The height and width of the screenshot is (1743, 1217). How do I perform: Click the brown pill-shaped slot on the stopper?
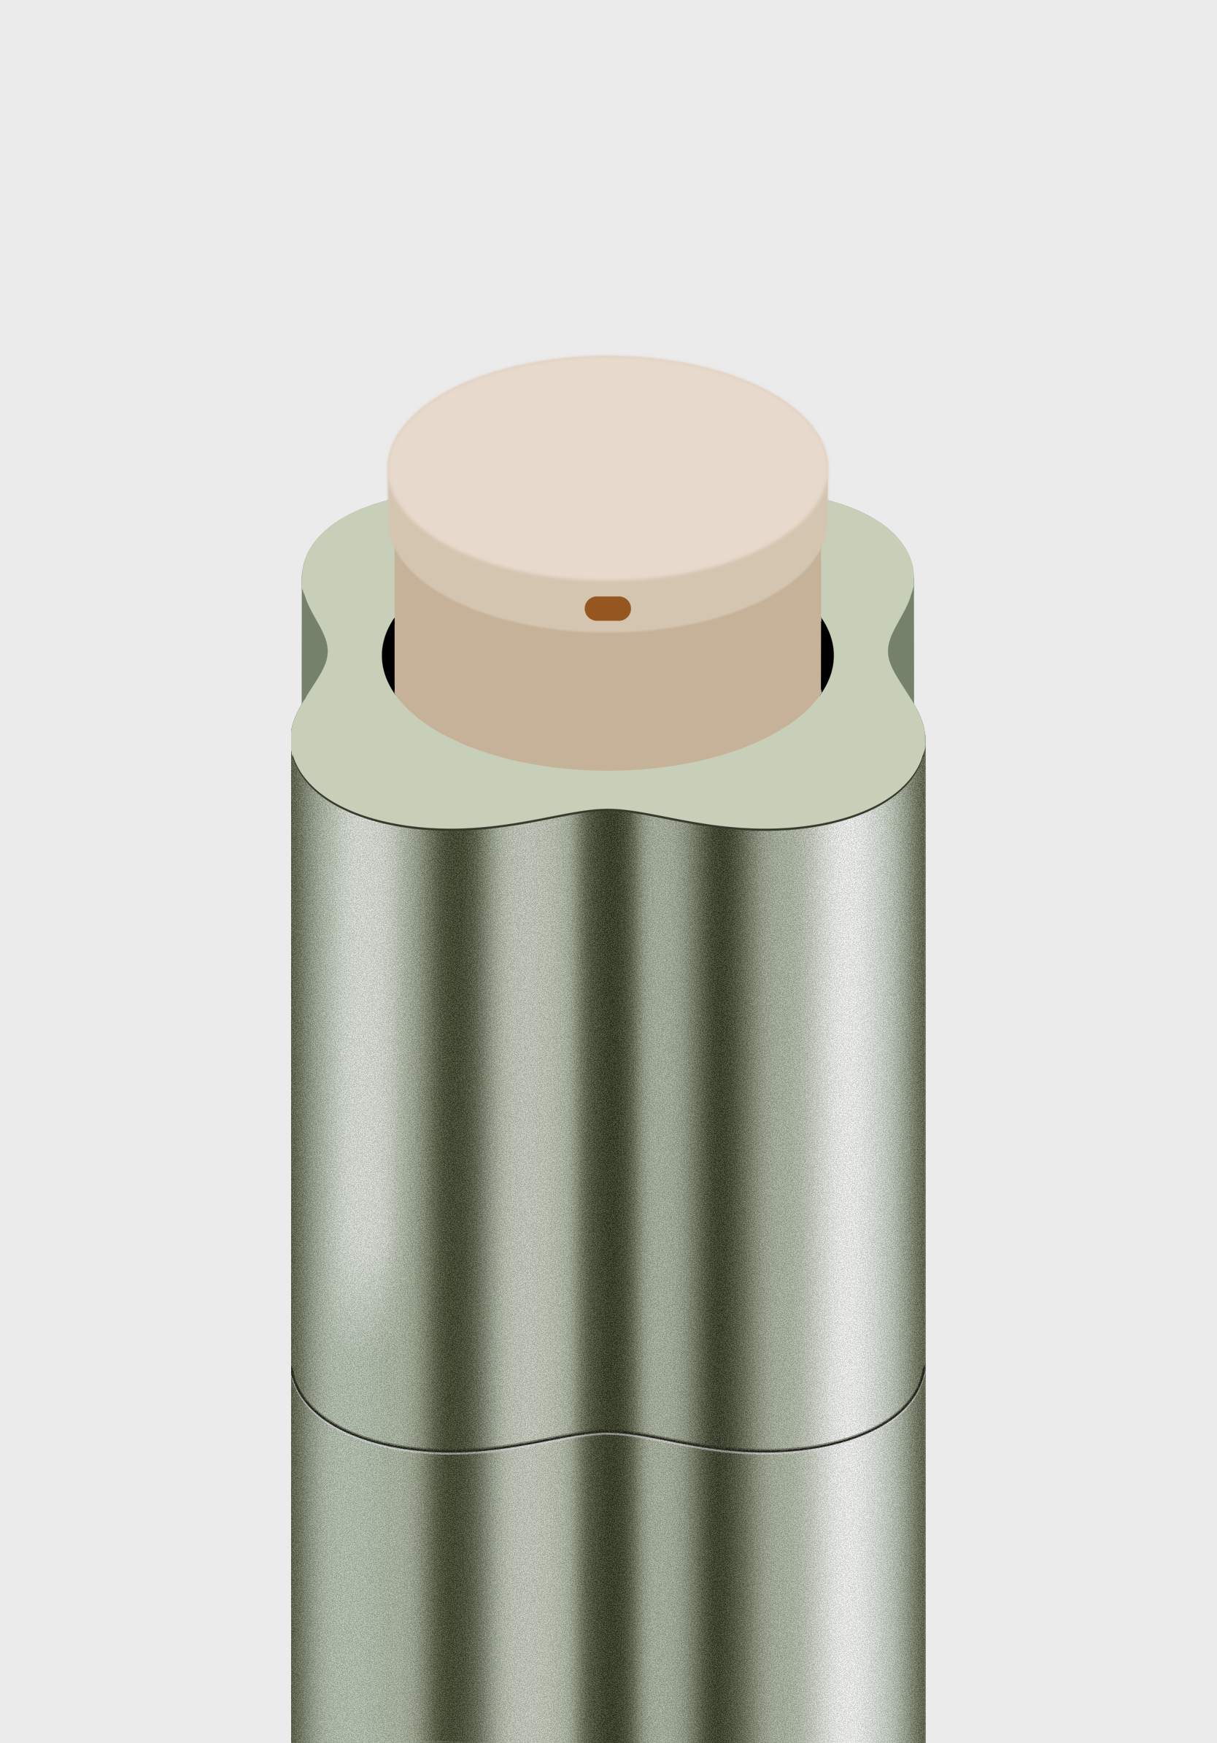coord(607,608)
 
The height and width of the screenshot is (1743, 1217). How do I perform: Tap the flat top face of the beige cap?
coord(607,467)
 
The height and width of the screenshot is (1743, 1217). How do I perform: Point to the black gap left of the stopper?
coord(388,655)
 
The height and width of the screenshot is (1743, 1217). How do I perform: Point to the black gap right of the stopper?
coord(827,655)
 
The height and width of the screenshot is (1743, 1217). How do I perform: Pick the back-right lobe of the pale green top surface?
coord(873,554)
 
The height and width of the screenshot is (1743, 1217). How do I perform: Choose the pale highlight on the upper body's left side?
coord(357,1063)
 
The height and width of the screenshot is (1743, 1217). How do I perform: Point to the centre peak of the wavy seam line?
coord(607,1434)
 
